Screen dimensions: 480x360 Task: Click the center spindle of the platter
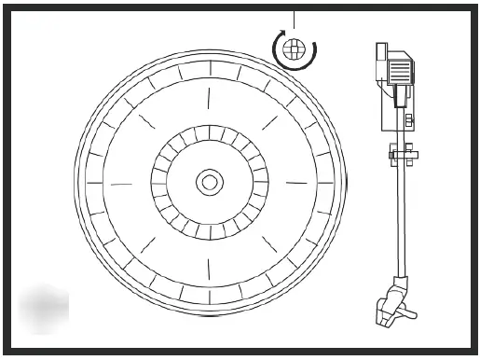pyautogui.click(x=209, y=182)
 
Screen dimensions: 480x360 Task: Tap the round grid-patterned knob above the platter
pyautogui.click(x=294, y=48)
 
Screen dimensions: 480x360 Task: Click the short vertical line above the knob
pyautogui.click(x=294, y=19)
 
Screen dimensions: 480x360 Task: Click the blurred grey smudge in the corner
pyautogui.click(x=43, y=308)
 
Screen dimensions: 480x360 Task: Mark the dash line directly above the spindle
pyautogui.click(x=209, y=98)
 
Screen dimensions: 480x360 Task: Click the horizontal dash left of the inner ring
pyautogui.click(x=122, y=183)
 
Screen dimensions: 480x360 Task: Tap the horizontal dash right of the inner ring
pyautogui.click(x=297, y=182)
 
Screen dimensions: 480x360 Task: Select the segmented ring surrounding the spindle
pyautogui.click(x=209, y=140)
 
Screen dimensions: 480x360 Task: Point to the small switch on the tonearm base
pyautogui.click(x=409, y=119)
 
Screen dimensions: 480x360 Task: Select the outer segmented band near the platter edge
pyautogui.click(x=209, y=69)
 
